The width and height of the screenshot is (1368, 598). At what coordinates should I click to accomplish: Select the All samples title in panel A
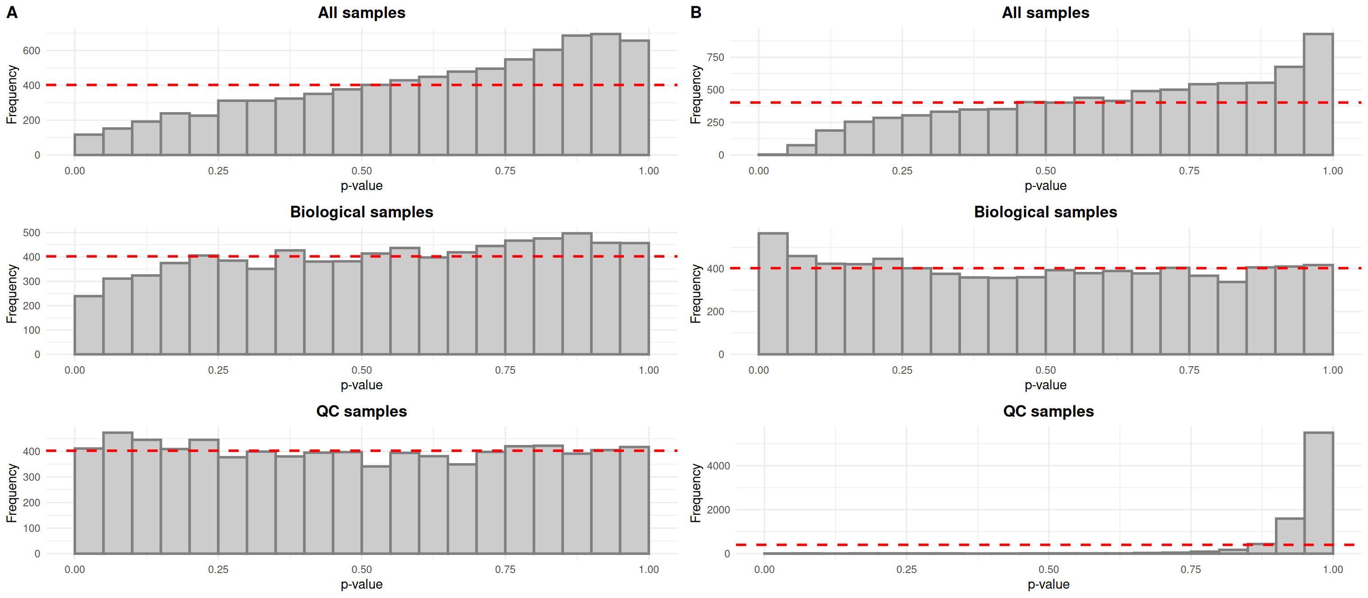click(361, 13)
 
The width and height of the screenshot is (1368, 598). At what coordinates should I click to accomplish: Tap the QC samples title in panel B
click(1048, 411)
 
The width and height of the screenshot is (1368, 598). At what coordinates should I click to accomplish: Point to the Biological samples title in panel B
click(1045, 212)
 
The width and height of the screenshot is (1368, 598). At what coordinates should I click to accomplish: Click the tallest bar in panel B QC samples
click(1318, 493)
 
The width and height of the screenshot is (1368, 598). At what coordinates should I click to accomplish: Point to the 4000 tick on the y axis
click(719, 466)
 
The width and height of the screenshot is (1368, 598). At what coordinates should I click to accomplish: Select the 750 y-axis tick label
click(715, 57)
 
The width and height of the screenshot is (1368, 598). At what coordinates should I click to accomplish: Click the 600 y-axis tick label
click(31, 51)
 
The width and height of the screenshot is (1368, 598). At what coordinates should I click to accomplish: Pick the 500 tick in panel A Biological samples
click(31, 233)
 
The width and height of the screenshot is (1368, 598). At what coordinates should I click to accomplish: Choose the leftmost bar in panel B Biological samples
click(773, 294)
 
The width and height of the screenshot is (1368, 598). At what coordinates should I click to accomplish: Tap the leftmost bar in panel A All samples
click(89, 145)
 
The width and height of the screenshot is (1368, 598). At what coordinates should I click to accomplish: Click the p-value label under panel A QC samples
click(361, 584)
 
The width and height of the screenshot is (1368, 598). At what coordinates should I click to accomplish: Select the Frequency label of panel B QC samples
click(696, 493)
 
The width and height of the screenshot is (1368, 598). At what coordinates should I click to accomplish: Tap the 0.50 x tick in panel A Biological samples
click(361, 370)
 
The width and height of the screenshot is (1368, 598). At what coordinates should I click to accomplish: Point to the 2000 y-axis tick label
click(719, 510)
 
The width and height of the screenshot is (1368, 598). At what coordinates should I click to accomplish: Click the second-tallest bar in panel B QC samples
click(1290, 536)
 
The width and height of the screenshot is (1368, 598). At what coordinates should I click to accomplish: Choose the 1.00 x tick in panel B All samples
click(1332, 171)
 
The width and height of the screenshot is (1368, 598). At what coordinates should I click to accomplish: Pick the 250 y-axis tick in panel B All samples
click(715, 122)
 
